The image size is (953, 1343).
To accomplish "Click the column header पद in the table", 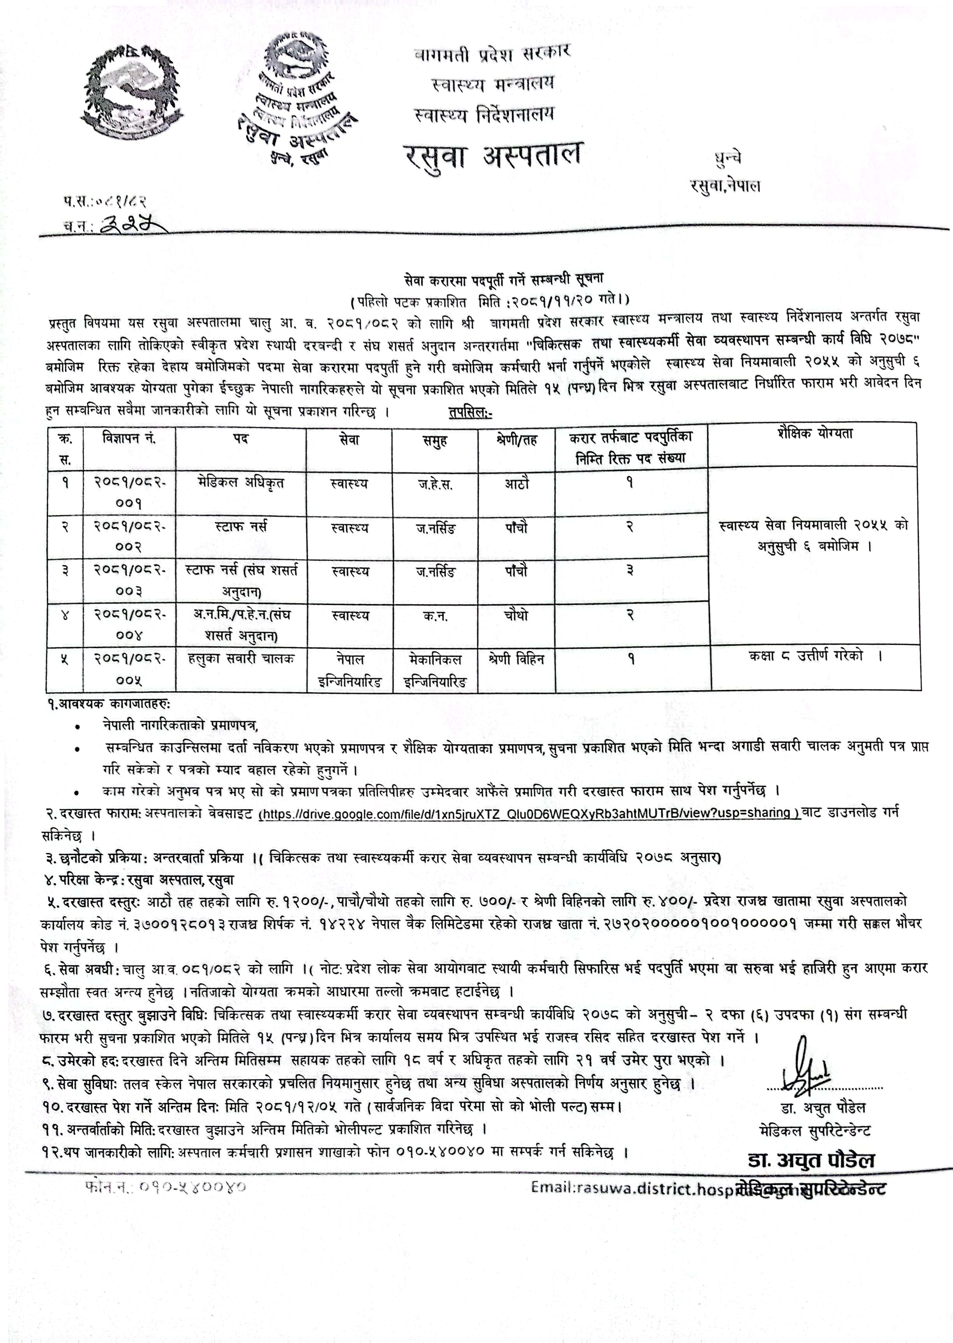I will (x=241, y=439).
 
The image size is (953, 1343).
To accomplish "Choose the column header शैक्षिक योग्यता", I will (x=814, y=435).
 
